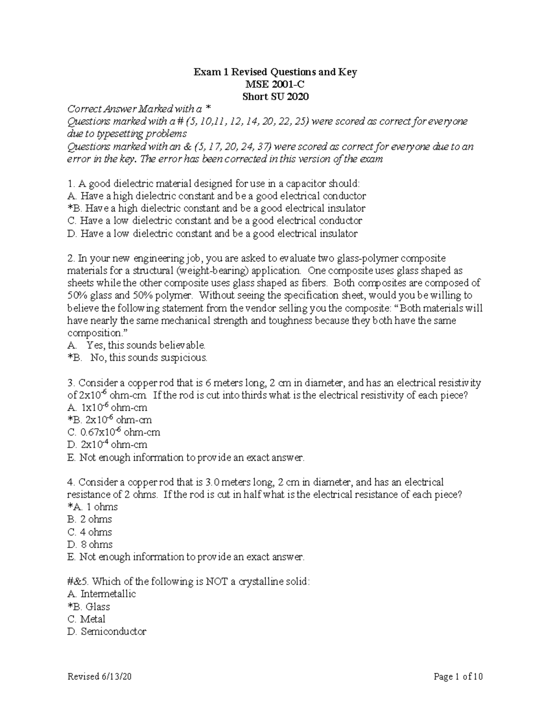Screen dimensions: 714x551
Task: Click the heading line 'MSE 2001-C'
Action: pyautogui.click(x=275, y=84)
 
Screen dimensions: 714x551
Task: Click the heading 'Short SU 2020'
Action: pyautogui.click(x=275, y=97)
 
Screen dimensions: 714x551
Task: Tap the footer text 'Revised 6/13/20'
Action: pyautogui.click(x=101, y=676)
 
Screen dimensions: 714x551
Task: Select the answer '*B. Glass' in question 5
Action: pyautogui.click(x=89, y=606)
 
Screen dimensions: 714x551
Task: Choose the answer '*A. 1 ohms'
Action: pyautogui.click(x=92, y=507)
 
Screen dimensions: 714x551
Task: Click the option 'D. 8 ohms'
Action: pyautogui.click(x=90, y=544)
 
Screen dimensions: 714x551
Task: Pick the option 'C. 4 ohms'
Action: pyautogui.click(x=90, y=532)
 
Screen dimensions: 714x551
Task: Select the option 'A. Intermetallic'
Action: pyautogui.click(x=101, y=594)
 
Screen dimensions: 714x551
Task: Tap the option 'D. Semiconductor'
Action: pyautogui.click(x=107, y=631)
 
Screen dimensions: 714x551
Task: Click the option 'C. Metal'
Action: pyautogui.click(x=86, y=619)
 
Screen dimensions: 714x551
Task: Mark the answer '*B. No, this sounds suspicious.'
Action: pyautogui.click(x=137, y=357)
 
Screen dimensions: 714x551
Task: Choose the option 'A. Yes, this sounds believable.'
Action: pyautogui.click(x=136, y=345)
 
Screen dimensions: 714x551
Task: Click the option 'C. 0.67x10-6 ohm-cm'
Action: pyautogui.click(x=113, y=432)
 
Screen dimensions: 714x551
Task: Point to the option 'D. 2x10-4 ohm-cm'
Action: pyautogui.click(x=107, y=445)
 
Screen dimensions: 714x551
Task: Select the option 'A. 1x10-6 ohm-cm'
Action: pyautogui.click(x=107, y=407)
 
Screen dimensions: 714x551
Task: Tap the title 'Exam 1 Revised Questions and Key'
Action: pyautogui.click(x=275, y=72)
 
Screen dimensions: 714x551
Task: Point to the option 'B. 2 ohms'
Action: pyautogui.click(x=90, y=520)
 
